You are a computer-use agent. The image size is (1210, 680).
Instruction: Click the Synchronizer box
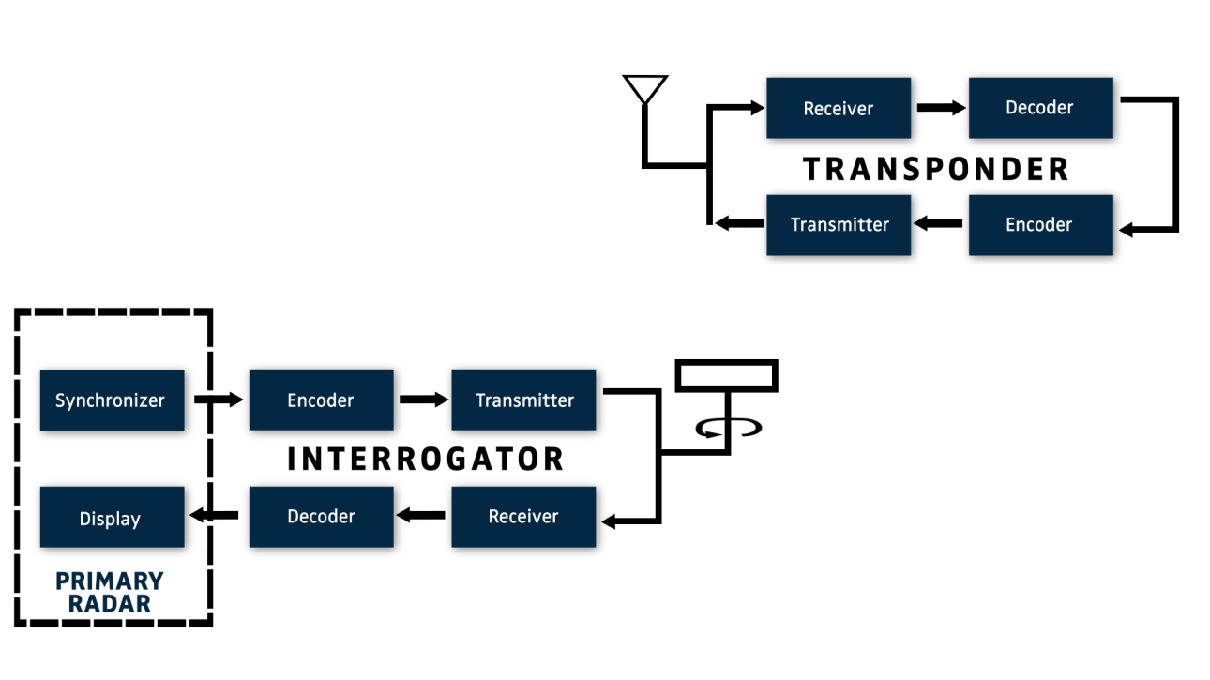click(x=113, y=400)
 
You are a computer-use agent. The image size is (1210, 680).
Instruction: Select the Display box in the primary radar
click(x=113, y=518)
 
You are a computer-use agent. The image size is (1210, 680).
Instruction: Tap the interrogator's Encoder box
click(x=322, y=400)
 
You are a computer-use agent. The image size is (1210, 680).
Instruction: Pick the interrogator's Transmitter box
click(x=524, y=400)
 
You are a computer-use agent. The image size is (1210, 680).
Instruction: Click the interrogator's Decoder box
click(x=322, y=518)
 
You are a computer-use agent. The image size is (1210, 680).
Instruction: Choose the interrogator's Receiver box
click(x=524, y=518)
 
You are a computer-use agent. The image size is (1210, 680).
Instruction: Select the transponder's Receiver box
click(x=839, y=108)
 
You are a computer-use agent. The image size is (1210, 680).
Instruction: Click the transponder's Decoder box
click(x=1041, y=108)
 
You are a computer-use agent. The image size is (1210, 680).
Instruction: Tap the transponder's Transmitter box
click(x=839, y=225)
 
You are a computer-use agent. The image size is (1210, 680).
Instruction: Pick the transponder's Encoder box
click(x=1041, y=225)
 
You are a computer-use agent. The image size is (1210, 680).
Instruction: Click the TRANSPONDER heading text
click(x=935, y=169)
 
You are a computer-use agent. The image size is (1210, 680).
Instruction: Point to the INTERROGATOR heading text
click(x=426, y=459)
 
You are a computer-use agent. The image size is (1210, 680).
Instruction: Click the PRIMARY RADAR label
click(x=110, y=593)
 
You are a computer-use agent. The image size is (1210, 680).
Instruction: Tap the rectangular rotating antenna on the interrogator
click(x=727, y=375)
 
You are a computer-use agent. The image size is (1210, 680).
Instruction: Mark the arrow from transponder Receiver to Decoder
click(x=941, y=108)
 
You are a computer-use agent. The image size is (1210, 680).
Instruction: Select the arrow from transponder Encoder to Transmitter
click(x=938, y=223)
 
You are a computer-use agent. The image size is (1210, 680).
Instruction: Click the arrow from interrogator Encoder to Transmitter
click(x=424, y=400)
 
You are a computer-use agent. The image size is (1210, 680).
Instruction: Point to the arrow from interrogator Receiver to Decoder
click(x=421, y=515)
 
